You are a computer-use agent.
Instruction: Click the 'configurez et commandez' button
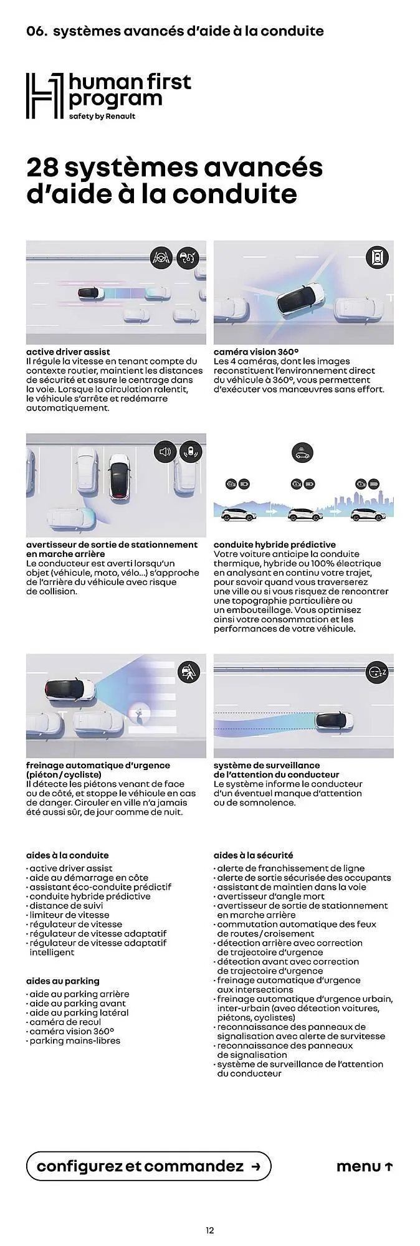point(148,1166)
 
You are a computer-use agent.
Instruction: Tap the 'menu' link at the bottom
point(365,1166)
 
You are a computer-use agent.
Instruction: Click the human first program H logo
point(44,96)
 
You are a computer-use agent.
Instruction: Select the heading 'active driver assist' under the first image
point(68,352)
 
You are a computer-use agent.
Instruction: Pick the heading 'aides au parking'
point(63,981)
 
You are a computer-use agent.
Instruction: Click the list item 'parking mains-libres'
point(75,1041)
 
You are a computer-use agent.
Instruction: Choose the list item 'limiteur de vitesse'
point(69,915)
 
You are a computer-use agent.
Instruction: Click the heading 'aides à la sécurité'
point(253,855)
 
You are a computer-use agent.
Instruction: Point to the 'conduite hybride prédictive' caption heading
point(275,545)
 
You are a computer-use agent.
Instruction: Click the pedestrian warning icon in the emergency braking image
point(189,672)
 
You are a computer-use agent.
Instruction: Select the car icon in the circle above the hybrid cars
point(303,454)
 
